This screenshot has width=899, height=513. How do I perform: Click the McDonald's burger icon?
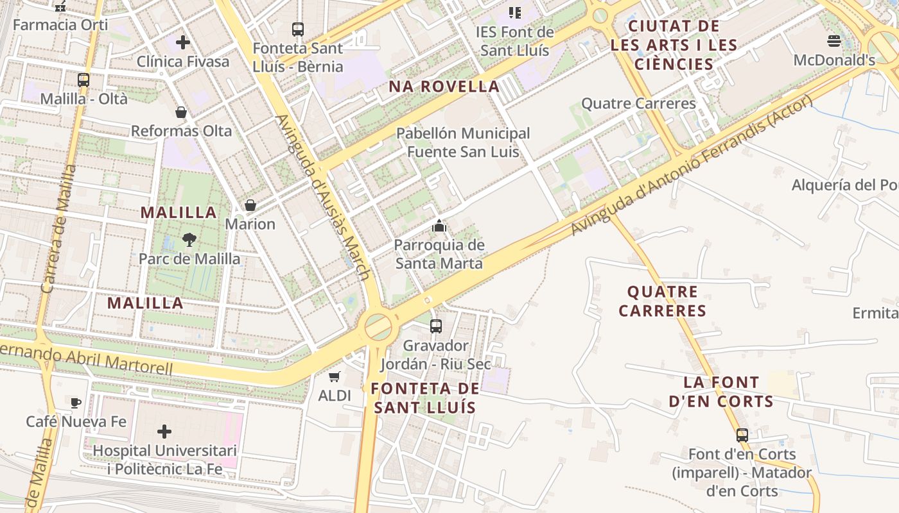834,42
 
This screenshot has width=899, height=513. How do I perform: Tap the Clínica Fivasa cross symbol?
183,42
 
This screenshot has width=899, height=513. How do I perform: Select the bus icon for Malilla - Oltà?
83,80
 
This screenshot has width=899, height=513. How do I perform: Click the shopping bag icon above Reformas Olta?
181,112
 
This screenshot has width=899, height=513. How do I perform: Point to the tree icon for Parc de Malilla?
189,240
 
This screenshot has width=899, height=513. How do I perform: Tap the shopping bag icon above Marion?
250,205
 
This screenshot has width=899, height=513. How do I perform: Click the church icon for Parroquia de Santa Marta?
439,226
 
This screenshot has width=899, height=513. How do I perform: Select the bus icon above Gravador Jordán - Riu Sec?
436,326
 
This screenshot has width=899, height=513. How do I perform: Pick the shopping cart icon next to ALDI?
334,377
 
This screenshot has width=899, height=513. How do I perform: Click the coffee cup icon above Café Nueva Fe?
76,403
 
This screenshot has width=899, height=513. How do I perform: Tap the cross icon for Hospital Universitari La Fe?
165,432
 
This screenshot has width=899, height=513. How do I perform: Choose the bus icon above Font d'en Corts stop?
742,435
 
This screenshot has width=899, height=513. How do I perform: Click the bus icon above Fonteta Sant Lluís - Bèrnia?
298,29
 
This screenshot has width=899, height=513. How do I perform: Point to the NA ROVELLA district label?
444,87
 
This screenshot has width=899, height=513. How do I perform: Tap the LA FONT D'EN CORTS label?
720,392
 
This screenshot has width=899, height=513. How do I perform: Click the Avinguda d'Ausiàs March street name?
322,197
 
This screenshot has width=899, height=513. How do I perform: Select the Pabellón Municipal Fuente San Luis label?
462,142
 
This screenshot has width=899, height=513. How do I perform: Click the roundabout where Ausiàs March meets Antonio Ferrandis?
379,326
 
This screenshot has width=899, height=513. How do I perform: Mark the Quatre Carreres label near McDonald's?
638,103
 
